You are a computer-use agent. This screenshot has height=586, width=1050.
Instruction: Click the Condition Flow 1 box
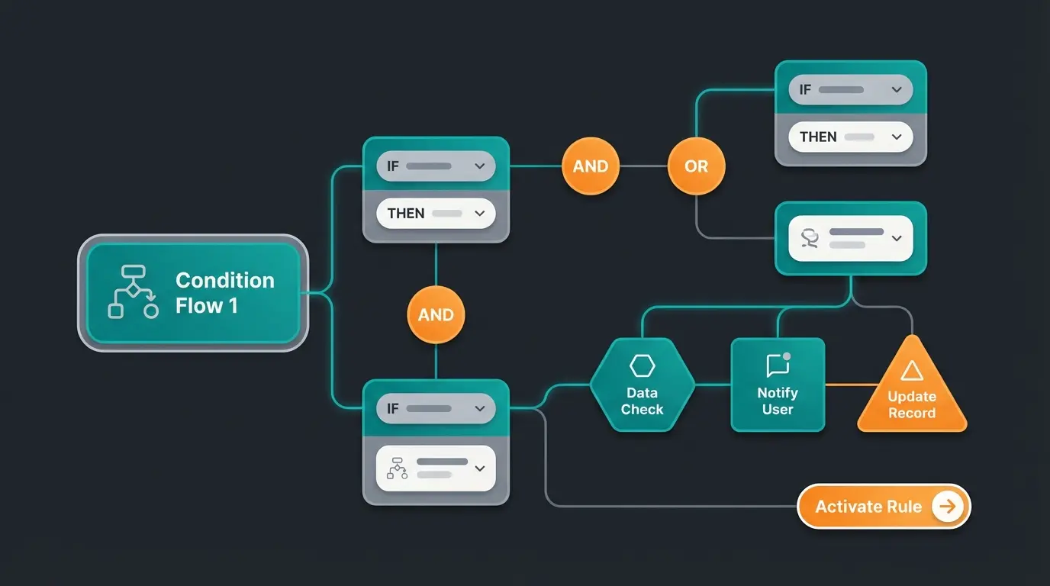(x=194, y=293)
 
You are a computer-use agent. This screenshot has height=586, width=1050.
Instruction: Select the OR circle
(x=696, y=166)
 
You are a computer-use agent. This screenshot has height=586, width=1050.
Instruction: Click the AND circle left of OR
(x=591, y=166)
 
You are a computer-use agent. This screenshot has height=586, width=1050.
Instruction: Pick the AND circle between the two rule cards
(x=436, y=315)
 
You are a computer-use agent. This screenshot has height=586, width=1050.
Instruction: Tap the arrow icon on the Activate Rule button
(x=947, y=507)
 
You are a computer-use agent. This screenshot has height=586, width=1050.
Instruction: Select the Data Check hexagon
(x=642, y=385)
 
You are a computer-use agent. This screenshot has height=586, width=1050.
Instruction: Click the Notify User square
(x=778, y=385)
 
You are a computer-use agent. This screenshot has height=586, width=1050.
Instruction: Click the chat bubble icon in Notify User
(x=778, y=365)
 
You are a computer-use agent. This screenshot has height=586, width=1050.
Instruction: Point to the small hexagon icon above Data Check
(x=642, y=366)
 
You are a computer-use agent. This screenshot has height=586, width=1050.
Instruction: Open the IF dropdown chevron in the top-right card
(x=897, y=89)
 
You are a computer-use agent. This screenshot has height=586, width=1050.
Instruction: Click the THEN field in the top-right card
(x=850, y=137)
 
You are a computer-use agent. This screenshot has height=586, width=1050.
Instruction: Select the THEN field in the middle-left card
(x=436, y=214)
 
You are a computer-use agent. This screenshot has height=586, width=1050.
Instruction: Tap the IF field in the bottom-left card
(x=436, y=408)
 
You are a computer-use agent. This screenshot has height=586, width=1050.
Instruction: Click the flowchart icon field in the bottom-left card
(x=436, y=468)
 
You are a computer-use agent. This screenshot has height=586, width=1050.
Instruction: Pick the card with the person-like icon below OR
(x=850, y=238)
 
